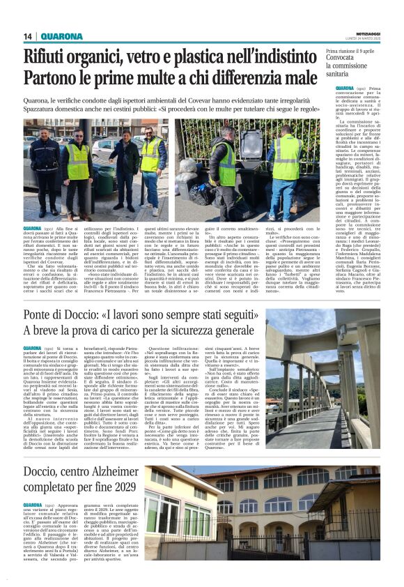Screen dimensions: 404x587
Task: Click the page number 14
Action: click(28, 37)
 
